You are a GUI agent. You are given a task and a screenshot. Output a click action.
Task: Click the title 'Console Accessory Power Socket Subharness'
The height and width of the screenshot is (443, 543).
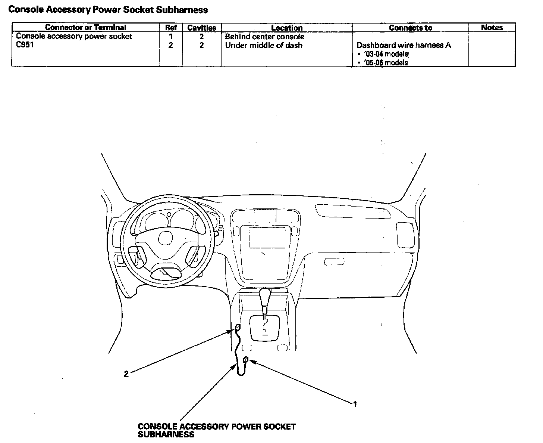click(x=108, y=10)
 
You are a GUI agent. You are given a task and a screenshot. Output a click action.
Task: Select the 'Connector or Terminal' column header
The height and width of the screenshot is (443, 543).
click(x=85, y=28)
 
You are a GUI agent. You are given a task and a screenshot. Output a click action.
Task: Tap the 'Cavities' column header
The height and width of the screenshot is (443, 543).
click(x=202, y=28)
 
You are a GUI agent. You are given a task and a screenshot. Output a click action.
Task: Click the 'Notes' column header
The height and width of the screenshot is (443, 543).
click(x=492, y=28)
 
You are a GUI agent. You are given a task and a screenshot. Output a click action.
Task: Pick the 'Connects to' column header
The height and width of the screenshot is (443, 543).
click(x=410, y=28)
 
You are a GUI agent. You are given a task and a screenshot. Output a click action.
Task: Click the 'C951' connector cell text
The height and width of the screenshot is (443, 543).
click(x=25, y=46)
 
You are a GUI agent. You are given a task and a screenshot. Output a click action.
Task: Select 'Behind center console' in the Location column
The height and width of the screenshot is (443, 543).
click(x=264, y=37)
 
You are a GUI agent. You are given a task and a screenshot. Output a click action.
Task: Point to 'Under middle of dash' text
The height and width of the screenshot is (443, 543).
click(x=264, y=46)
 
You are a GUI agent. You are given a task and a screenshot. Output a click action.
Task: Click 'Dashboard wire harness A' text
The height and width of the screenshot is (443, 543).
click(x=404, y=45)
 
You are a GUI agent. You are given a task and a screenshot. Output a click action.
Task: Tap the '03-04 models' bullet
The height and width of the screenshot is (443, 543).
click(x=386, y=54)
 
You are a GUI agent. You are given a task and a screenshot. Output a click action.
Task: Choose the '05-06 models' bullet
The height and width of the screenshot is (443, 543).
click(x=386, y=63)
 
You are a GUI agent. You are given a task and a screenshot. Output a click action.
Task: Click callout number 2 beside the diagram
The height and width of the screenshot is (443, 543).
click(x=126, y=374)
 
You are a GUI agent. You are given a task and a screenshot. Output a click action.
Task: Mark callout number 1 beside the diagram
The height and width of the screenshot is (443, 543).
click(x=355, y=404)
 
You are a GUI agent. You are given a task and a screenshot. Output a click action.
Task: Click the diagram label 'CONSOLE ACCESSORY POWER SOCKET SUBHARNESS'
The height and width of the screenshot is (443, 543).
click(x=216, y=430)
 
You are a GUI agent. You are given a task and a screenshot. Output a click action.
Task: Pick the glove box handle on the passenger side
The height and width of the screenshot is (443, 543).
click(x=333, y=262)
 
